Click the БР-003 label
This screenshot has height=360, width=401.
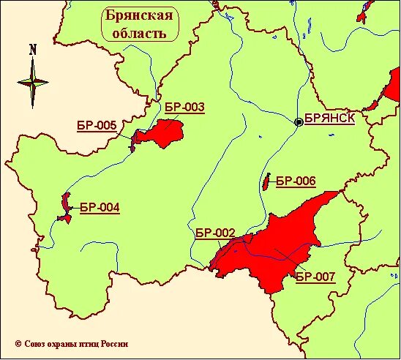click(184, 108)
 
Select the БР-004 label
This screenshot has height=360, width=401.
click(99, 207)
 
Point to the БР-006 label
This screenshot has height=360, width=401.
click(296, 180)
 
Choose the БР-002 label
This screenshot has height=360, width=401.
click(215, 233)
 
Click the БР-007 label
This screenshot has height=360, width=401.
click(315, 277)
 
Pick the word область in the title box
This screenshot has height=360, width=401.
click(138, 33)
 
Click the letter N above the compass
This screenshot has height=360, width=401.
click(33, 50)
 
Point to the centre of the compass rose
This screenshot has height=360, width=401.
click(33, 82)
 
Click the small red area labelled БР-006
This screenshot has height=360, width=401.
click(266, 181)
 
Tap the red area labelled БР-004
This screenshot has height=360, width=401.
click(65, 209)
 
